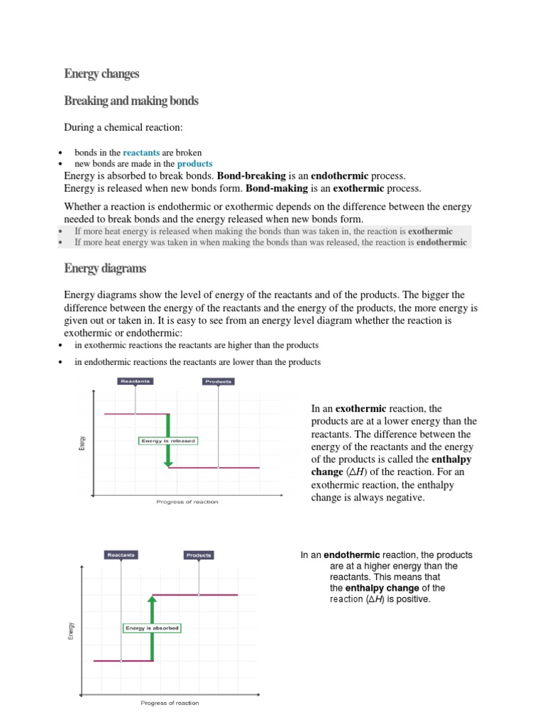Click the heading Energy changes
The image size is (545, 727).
pyautogui.click(x=101, y=74)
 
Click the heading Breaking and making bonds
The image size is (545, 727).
pyautogui.click(x=131, y=101)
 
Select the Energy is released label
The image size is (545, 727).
pyautogui.click(x=167, y=441)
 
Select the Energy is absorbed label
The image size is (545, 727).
pyautogui.click(x=151, y=628)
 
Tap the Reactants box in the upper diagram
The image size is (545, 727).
pyautogui.click(x=135, y=381)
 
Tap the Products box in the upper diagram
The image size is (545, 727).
pyautogui.click(x=219, y=381)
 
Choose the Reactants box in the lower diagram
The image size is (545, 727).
pyautogui.click(x=121, y=554)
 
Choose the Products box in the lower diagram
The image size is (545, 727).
pyautogui.click(x=199, y=554)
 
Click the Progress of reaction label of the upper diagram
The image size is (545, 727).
pyautogui.click(x=187, y=502)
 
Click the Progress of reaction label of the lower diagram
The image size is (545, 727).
pyautogui.click(x=170, y=703)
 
